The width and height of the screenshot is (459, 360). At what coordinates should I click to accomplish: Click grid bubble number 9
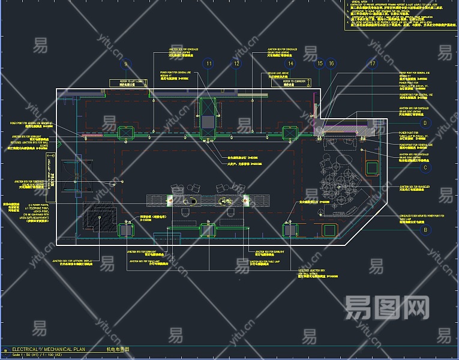click(x=125, y=64)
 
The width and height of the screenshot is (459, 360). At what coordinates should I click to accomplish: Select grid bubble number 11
click(x=208, y=64)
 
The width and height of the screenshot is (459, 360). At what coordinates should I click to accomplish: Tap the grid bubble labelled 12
click(x=236, y=64)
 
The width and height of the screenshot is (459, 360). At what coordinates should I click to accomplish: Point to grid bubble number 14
click(x=290, y=64)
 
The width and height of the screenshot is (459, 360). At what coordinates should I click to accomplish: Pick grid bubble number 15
click(x=320, y=64)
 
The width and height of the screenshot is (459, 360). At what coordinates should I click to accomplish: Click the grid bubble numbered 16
click(x=331, y=64)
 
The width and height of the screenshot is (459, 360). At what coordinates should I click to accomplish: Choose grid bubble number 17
click(x=373, y=64)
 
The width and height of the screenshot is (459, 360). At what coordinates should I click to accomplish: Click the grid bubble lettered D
click(x=425, y=123)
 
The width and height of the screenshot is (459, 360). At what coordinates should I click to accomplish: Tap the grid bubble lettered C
click(x=425, y=167)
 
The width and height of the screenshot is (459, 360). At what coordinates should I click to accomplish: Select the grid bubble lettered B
click(x=425, y=230)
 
